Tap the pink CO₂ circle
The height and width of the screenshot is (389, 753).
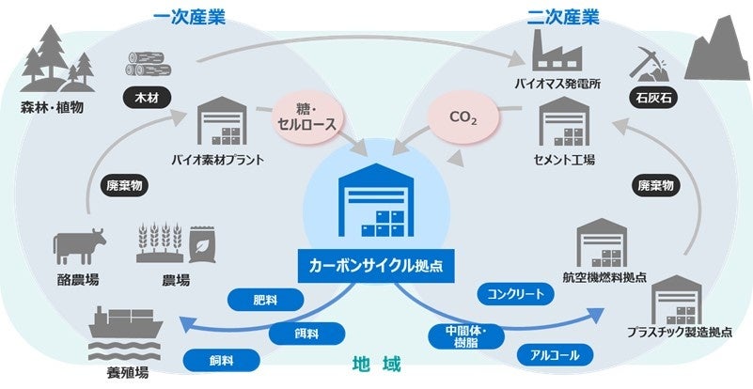pyautogui.click(x=462, y=121)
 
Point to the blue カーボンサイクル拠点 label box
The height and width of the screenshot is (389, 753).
pyautogui.click(x=376, y=266)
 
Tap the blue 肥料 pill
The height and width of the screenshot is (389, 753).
pyautogui.click(x=266, y=301)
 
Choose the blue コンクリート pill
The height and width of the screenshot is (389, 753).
pyautogui.click(x=515, y=294)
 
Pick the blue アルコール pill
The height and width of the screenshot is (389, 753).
pyautogui.click(x=555, y=354)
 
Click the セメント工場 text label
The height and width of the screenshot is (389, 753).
pyautogui.click(x=563, y=160)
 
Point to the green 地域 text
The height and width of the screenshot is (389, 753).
pyautogui.click(x=376, y=363)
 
